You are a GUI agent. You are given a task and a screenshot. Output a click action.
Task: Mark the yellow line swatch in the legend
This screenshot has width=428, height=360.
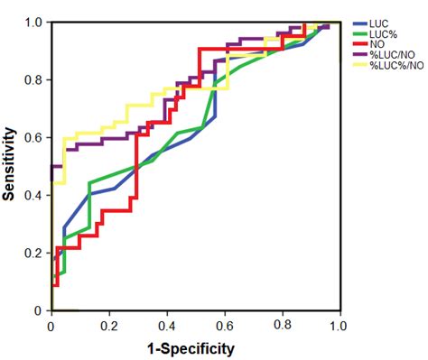(359, 63)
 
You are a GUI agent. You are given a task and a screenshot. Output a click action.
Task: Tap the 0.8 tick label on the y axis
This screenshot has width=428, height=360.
(34, 79)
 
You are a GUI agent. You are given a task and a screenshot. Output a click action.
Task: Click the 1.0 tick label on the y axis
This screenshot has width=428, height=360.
(34, 22)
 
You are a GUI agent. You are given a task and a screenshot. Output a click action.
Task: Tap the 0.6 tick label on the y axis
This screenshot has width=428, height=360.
(34, 137)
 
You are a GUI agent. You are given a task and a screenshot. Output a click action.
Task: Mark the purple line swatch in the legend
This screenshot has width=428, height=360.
(359, 54)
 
